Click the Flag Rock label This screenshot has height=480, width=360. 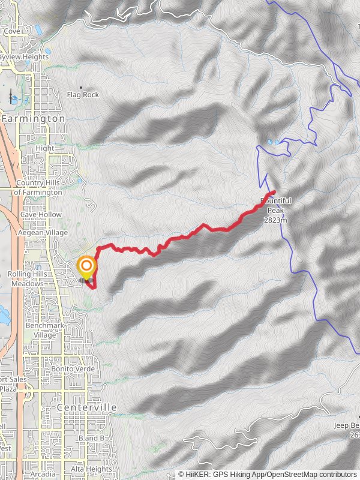[x=83, y=95]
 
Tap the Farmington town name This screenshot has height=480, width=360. [x=33, y=119]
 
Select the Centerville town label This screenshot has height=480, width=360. [x=87, y=407]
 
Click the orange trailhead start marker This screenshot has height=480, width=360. [x=86, y=266]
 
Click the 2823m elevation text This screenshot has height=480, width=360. [x=275, y=220]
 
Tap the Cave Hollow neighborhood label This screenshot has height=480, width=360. [x=41, y=214]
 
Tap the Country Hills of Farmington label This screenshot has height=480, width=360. [x=38, y=188]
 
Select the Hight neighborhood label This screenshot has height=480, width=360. [x=45, y=148]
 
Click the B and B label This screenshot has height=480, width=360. [x=91, y=439]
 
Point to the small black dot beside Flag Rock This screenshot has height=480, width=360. [x=81, y=88]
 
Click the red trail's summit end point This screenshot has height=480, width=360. [x=274, y=191]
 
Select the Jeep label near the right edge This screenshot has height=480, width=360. [x=347, y=425]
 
